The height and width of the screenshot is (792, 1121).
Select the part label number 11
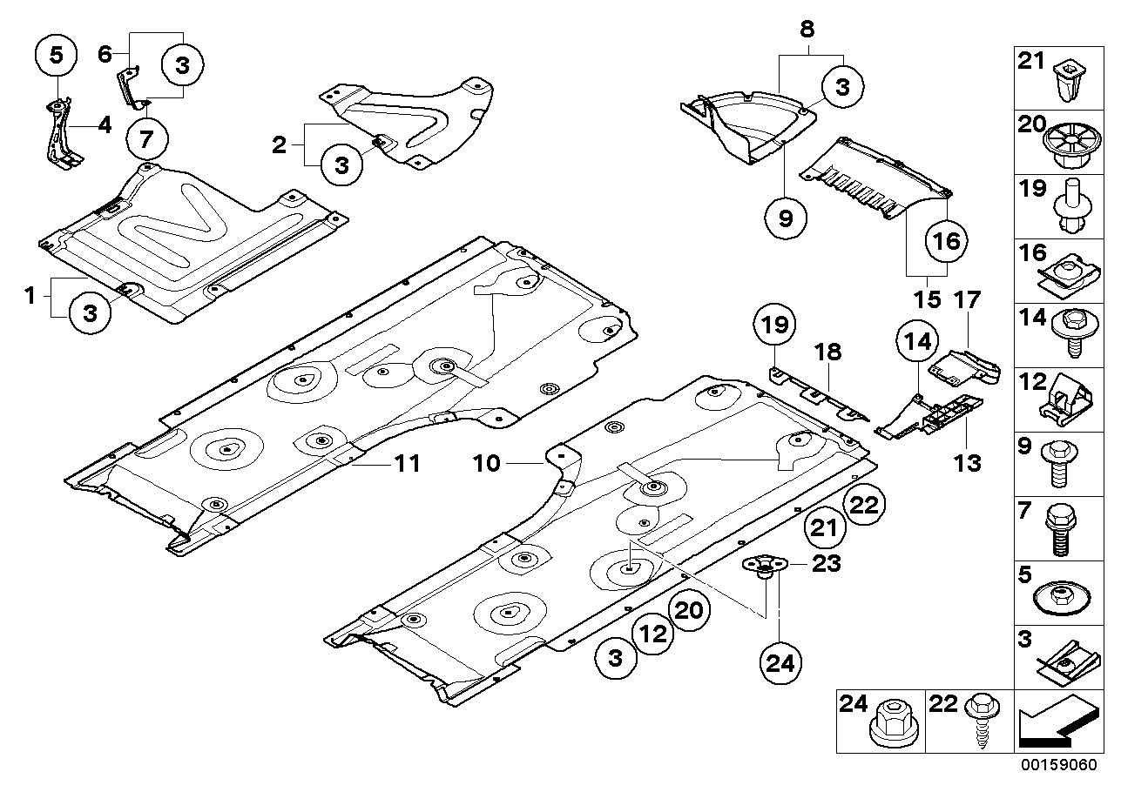(x=405, y=464)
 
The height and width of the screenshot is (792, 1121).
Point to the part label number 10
(x=488, y=464)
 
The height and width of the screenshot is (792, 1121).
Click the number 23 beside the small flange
(x=826, y=564)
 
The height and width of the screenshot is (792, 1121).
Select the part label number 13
(x=968, y=462)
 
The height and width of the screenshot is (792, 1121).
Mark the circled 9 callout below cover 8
(x=786, y=220)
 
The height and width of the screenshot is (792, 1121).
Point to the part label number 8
(x=807, y=29)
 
